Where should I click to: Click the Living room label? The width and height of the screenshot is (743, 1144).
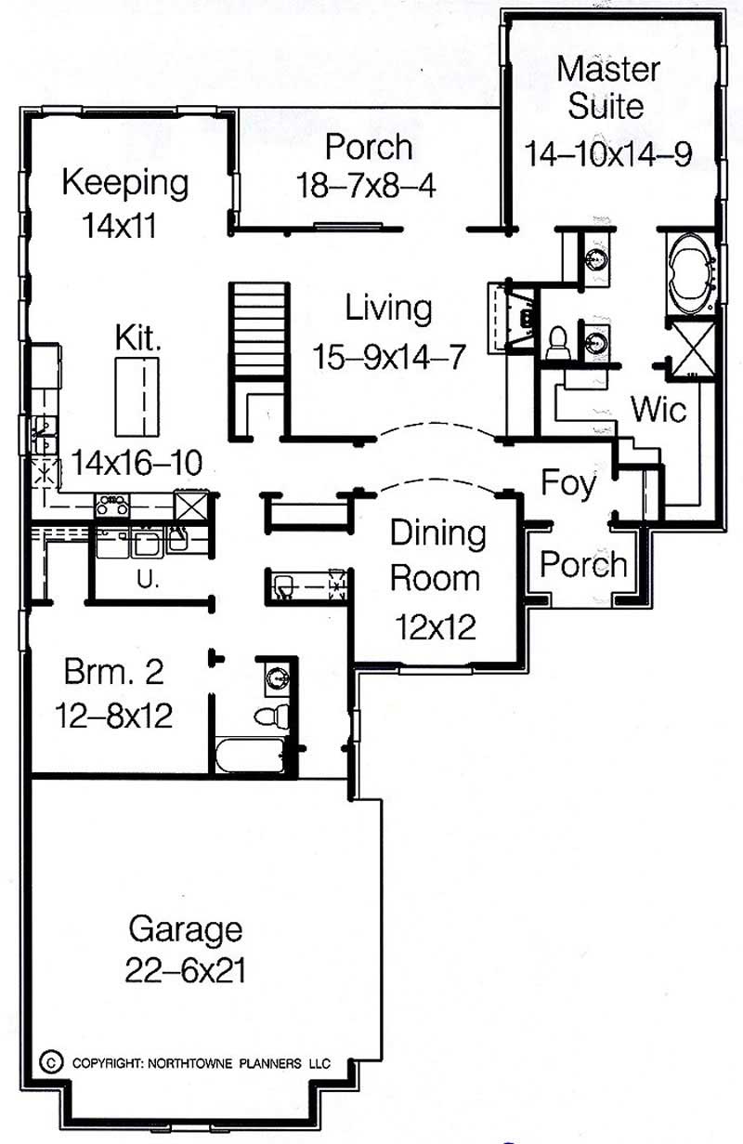coord(388,308)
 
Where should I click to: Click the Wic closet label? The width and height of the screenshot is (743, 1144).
coord(658,409)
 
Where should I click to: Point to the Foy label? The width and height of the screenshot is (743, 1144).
coord(568,483)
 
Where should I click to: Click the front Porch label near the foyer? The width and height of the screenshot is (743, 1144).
coord(583,564)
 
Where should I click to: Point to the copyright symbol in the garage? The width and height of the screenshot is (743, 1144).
coord(52,1061)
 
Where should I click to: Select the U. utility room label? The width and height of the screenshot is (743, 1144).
coord(145,581)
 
